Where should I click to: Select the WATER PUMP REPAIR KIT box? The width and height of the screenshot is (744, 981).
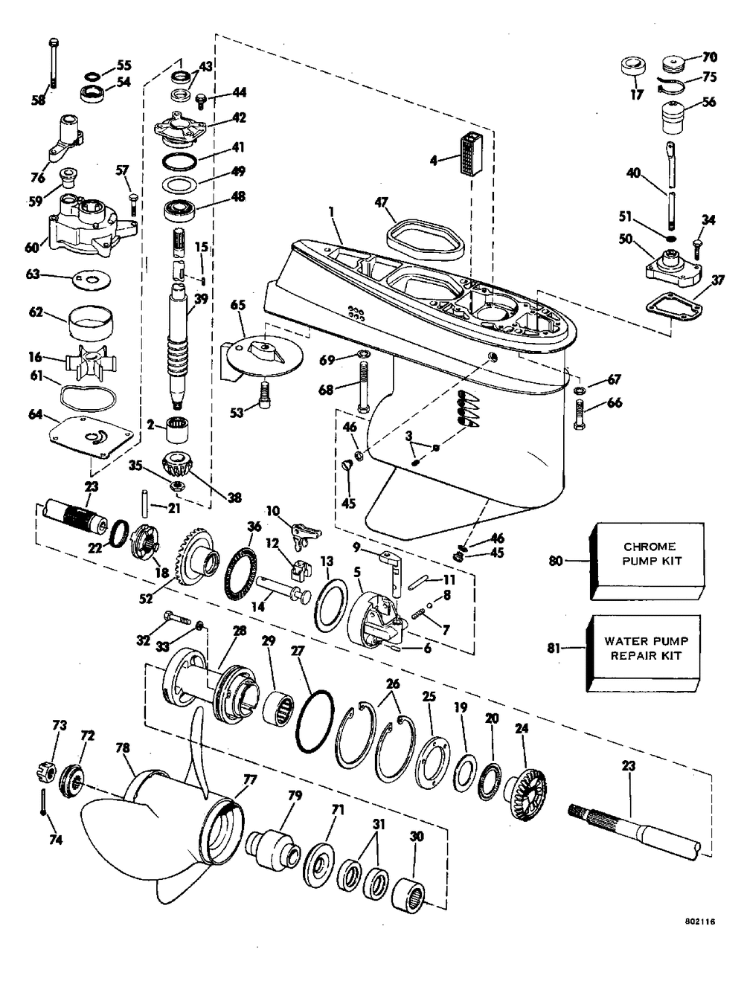(x=646, y=648)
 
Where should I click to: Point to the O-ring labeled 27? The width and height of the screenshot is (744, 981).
(x=316, y=724)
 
